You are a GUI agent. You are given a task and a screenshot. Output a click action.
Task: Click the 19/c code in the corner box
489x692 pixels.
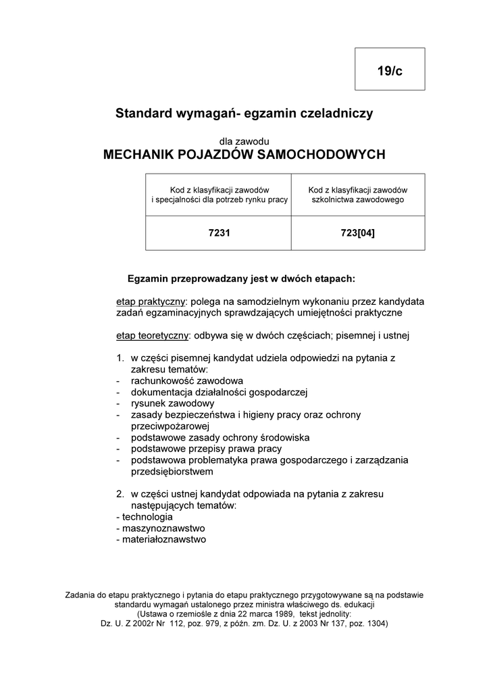click(390, 70)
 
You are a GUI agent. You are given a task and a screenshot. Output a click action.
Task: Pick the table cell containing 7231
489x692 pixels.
click(219, 234)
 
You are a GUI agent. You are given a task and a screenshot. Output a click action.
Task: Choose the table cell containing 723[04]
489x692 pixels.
click(358, 234)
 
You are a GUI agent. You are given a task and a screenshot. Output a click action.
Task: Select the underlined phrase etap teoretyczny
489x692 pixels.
click(152, 335)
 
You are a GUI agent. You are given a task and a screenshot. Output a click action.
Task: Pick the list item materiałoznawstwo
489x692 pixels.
click(164, 540)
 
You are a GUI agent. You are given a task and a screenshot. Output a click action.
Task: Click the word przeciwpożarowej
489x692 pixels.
click(171, 426)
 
